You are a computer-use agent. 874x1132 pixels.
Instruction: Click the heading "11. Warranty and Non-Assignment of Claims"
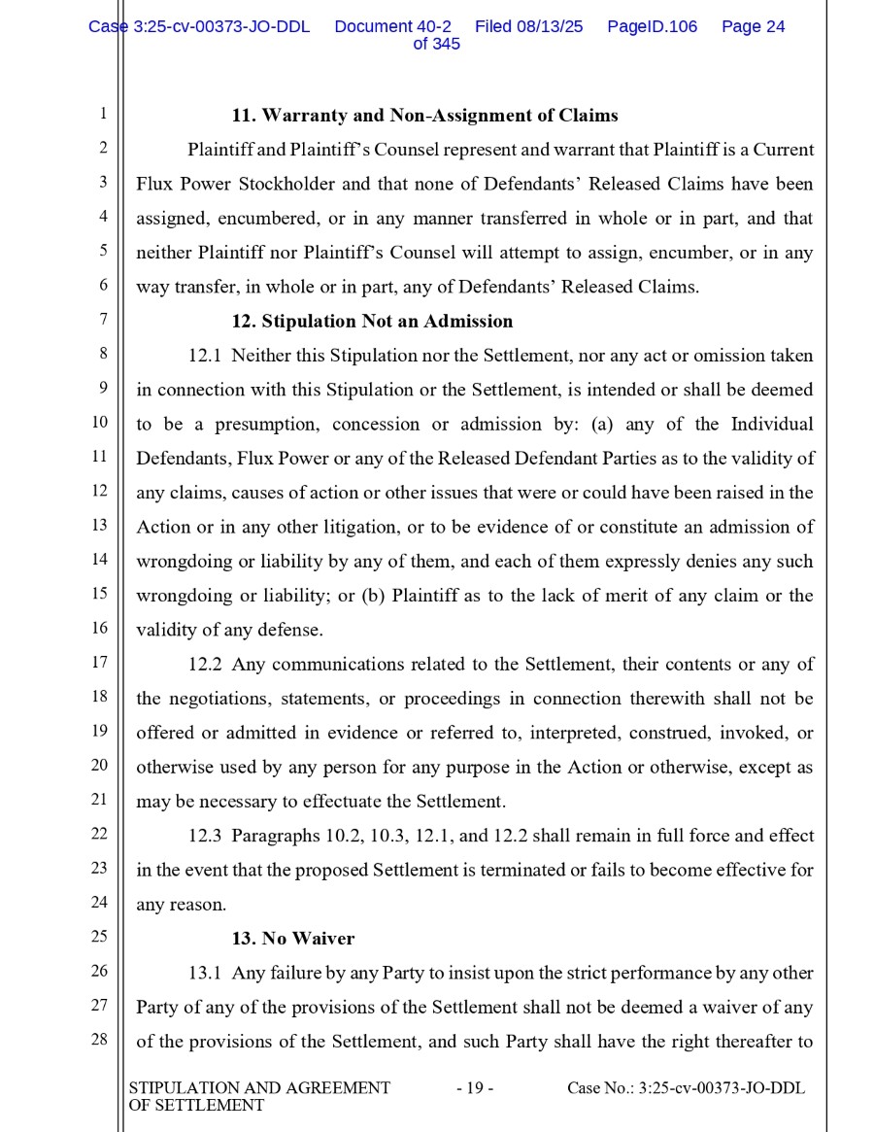click(x=424, y=116)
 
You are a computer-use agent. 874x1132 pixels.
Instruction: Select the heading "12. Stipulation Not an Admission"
click(x=372, y=321)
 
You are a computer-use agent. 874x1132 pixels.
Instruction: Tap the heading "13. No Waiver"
click(x=292, y=939)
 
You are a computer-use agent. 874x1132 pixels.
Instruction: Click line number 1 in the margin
click(x=102, y=115)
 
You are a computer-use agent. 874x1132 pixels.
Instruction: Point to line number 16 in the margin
click(x=99, y=628)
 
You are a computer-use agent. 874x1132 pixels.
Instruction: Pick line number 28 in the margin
click(x=99, y=1040)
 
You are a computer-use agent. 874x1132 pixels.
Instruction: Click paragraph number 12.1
click(x=205, y=356)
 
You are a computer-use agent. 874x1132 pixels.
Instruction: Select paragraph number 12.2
click(x=205, y=665)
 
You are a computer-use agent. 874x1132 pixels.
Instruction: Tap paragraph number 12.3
click(x=205, y=836)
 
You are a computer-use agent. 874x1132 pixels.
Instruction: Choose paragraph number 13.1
click(x=205, y=973)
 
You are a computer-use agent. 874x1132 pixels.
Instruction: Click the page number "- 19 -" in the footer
click(x=475, y=1088)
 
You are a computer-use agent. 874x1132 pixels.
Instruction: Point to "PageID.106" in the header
click(x=652, y=27)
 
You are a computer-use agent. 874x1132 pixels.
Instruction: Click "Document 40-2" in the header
click(x=392, y=27)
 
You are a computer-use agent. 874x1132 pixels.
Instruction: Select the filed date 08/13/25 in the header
click(x=551, y=27)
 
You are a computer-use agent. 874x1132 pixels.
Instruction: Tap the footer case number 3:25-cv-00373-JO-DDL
click(x=722, y=1088)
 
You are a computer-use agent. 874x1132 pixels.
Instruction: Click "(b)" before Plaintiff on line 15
click(x=373, y=596)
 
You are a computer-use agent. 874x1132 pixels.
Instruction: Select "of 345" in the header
click(x=436, y=44)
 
